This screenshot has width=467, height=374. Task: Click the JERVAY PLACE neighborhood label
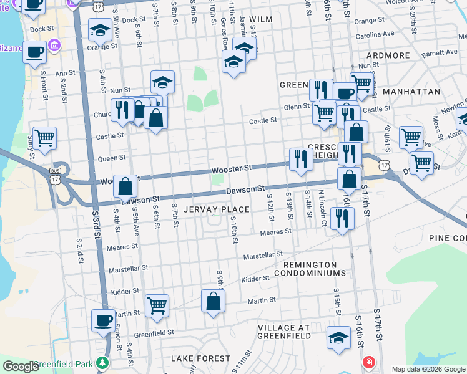(216, 209)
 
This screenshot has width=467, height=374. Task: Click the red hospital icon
(369, 362)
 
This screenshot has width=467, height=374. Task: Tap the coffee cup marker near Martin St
(104, 321)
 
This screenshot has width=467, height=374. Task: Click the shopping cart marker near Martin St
(157, 305)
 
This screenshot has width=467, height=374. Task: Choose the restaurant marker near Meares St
(342, 218)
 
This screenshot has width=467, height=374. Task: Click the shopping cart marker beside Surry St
(44, 138)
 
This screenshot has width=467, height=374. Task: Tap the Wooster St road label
(231, 168)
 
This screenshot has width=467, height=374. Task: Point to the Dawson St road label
(246, 189)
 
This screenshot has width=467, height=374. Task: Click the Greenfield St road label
(153, 333)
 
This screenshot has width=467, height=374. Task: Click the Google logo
(21, 367)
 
